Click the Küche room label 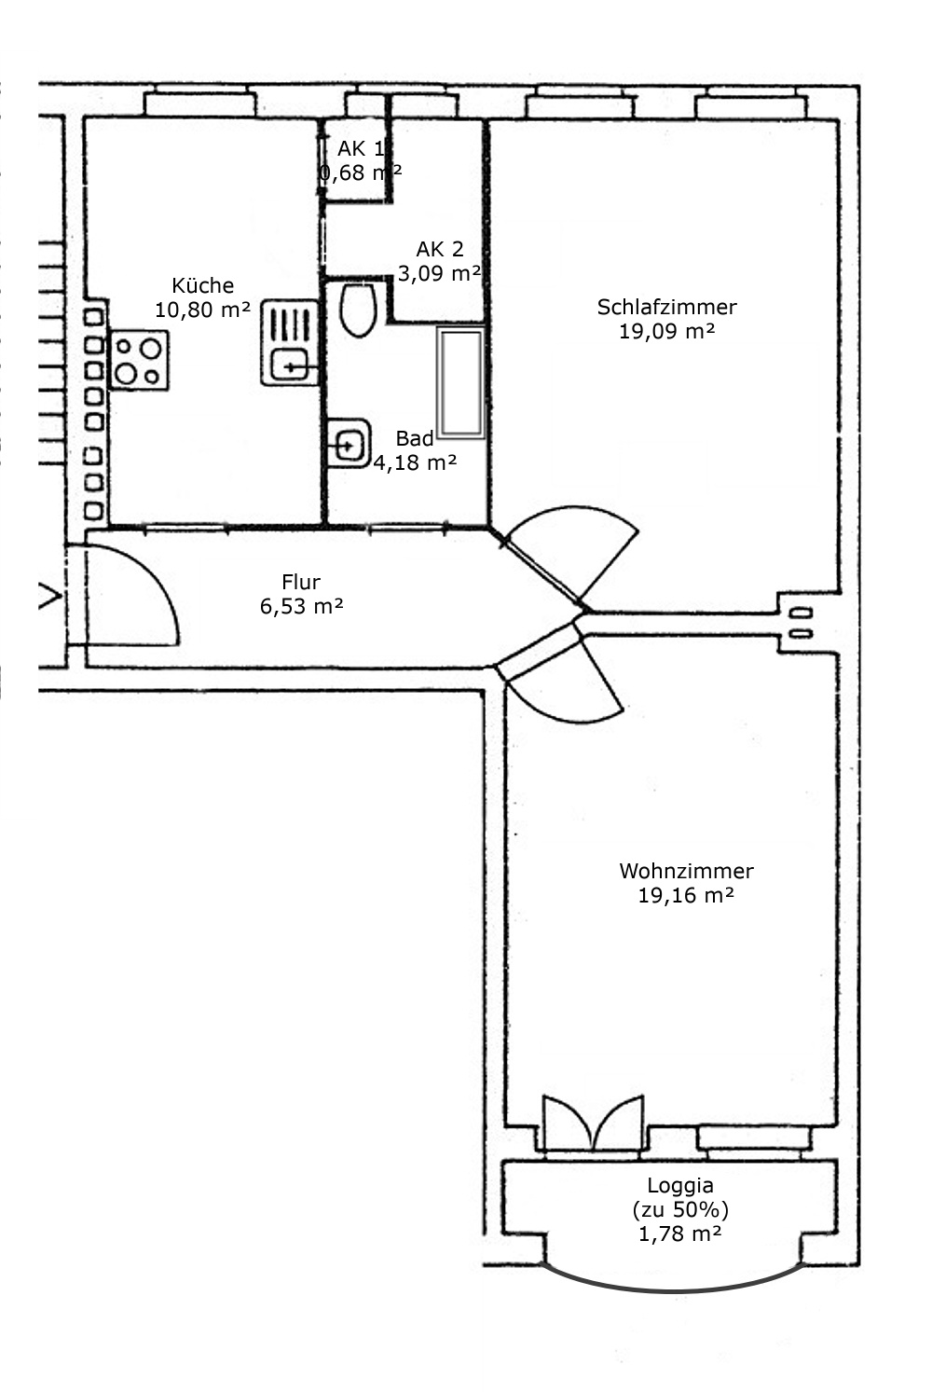(202, 285)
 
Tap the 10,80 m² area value (202, 310)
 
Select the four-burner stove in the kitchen (140, 361)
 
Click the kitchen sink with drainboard (290, 342)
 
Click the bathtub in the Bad (460, 382)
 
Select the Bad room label (415, 439)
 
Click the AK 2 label (440, 249)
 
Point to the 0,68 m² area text (361, 172)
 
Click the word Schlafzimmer (666, 307)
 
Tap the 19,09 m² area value (666, 331)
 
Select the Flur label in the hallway (301, 583)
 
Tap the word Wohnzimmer (686, 871)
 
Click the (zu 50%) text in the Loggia (680, 1209)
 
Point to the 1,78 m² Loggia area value (680, 1234)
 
